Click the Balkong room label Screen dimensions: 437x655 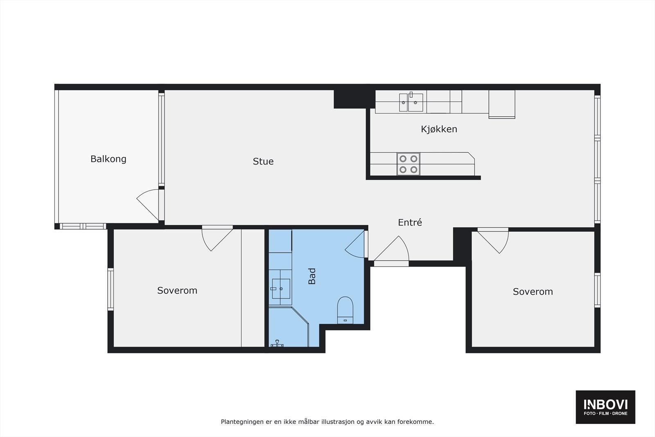coord(108,159)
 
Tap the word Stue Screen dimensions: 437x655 coord(263,161)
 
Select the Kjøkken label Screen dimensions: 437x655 coord(439,129)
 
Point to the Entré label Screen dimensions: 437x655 coord(410,222)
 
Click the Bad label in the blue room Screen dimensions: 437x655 coord(312,276)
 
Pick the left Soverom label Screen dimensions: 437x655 coord(177,290)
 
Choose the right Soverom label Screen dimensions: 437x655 coord(533,292)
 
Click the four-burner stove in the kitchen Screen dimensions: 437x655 coord(408,164)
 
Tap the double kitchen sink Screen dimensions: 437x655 coord(411,102)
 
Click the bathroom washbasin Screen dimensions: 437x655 coord(280,288)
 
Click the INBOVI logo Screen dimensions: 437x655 coord(605,407)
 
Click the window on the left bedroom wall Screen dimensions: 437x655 coord(111,289)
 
